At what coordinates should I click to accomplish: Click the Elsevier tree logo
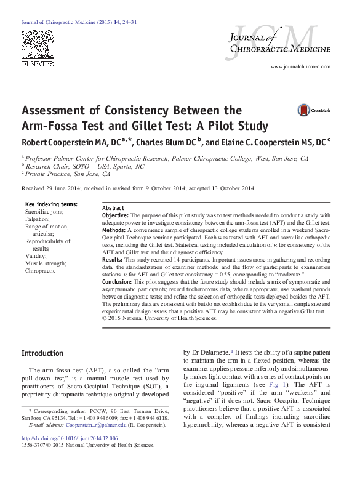point(38,48)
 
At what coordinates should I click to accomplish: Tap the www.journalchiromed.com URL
point(300,66)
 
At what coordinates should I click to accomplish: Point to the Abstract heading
point(113,209)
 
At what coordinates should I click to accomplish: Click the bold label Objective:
point(115,215)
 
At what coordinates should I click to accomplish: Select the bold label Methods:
point(114,229)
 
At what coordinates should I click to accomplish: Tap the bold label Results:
point(113,260)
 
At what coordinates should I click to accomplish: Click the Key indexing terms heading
point(51,204)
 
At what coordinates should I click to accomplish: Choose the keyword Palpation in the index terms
point(39,219)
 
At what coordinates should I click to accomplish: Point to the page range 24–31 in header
point(129,22)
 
